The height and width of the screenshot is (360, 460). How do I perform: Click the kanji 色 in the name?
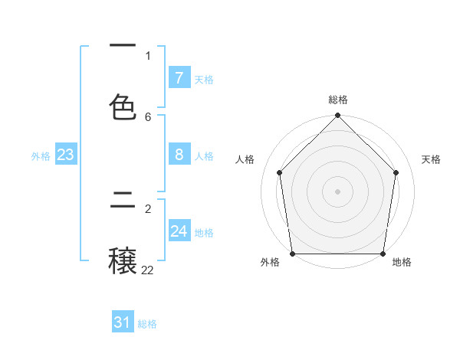pyautogui.click(x=123, y=107)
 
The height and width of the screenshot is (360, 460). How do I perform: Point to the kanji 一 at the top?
pyautogui.click(x=123, y=46)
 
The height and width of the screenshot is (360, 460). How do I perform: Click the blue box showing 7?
pyautogui.click(x=179, y=77)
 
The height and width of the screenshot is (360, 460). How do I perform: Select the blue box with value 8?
pyautogui.click(x=179, y=155)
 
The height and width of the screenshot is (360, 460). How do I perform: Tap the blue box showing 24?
pyautogui.click(x=179, y=231)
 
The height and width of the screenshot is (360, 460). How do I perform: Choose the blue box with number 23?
pyautogui.click(x=65, y=155)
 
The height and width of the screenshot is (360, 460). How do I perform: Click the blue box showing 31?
pyautogui.click(x=123, y=322)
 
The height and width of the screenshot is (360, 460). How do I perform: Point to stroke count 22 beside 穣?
pyautogui.click(x=147, y=270)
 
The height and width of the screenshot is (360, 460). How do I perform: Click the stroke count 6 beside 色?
pyautogui.click(x=148, y=116)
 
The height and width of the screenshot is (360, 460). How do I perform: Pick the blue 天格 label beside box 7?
pyautogui.click(x=204, y=80)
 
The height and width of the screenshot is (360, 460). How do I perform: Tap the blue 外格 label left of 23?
pyautogui.click(x=41, y=156)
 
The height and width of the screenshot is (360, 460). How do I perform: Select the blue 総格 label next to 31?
pyautogui.click(x=147, y=324)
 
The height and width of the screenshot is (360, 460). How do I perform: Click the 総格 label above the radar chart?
pyautogui.click(x=338, y=100)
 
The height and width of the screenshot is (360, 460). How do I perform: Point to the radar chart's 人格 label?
pyautogui.click(x=245, y=159)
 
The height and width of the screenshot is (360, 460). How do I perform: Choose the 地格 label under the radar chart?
pyautogui.click(x=402, y=262)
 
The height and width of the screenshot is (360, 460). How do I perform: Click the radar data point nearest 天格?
pyautogui.click(x=396, y=172)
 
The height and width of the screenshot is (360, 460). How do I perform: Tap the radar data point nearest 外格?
pyautogui.click(x=293, y=254)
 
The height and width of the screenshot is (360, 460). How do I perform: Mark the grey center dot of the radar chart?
pyautogui.click(x=337, y=191)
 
